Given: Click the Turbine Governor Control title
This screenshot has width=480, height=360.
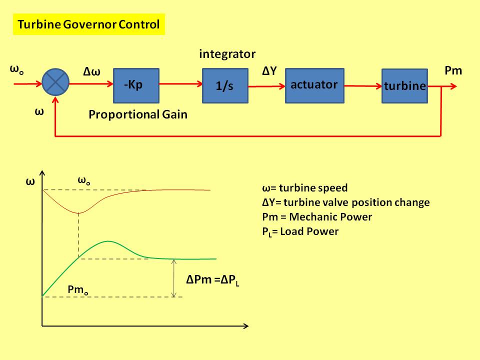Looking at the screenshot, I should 88,24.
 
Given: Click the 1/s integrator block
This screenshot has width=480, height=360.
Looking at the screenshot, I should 224,85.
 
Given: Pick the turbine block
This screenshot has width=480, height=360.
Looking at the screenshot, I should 404,85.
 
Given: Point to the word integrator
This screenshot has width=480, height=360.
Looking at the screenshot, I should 227,54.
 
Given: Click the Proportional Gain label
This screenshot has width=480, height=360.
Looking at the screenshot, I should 138,114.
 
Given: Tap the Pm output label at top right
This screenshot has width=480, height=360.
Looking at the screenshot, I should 453,71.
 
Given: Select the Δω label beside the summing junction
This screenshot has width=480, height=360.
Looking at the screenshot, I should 92,72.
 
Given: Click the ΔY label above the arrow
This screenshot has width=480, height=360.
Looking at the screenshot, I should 269,71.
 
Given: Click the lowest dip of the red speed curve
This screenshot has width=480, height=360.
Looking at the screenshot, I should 78,213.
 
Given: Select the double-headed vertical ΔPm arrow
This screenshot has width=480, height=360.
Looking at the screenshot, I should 173,278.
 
